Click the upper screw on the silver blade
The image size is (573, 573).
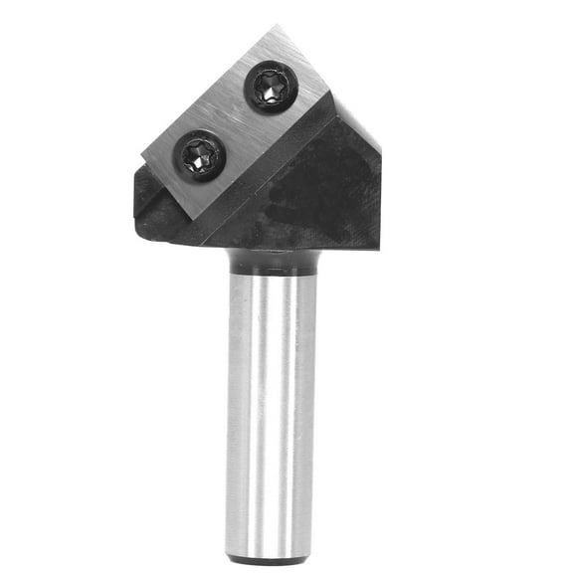pos(272,87)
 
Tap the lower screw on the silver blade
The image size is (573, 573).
pos(202,156)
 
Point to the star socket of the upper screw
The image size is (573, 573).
pos(272,87)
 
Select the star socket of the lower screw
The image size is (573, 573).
pos(202,156)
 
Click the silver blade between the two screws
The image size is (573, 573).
pos(237,121)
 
